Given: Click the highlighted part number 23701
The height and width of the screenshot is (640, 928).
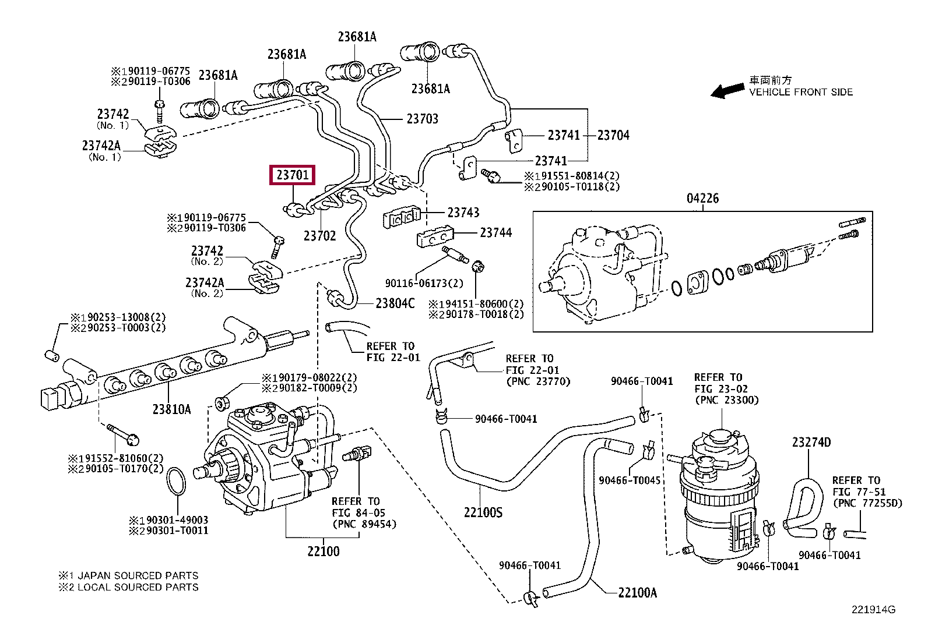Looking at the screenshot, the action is pyautogui.click(x=293, y=175).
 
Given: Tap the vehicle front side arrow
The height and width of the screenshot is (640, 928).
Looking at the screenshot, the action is pyautogui.click(x=727, y=91).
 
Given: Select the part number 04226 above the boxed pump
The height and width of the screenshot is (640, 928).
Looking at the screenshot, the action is pyautogui.click(x=702, y=199).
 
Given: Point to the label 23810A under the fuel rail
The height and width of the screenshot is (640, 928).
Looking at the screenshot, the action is pyautogui.click(x=171, y=409).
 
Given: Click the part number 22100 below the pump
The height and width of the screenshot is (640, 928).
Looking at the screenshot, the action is pyautogui.click(x=323, y=551).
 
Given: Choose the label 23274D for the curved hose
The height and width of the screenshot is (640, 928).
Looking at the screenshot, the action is pyautogui.click(x=811, y=443).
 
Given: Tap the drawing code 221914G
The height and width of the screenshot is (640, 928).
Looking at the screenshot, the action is pyautogui.click(x=873, y=610).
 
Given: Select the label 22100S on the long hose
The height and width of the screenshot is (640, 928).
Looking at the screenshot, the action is pyautogui.click(x=483, y=512).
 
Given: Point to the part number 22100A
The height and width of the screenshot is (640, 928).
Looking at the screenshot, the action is pyautogui.click(x=637, y=593).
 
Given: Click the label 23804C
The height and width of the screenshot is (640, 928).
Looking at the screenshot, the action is pyautogui.click(x=395, y=303).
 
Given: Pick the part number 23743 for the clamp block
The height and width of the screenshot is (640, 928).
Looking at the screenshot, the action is pyautogui.click(x=463, y=213).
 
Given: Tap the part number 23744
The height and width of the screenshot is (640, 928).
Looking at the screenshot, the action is pyautogui.click(x=496, y=233).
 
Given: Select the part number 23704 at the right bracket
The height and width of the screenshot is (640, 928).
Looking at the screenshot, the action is pyautogui.click(x=613, y=135).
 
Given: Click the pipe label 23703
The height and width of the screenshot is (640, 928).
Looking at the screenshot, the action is pyautogui.click(x=422, y=119).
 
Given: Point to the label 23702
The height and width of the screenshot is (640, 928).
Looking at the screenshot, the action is pyautogui.click(x=319, y=235).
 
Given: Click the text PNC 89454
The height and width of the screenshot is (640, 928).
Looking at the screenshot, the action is pyautogui.click(x=364, y=524).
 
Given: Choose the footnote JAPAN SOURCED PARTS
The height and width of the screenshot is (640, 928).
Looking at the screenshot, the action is pyautogui.click(x=138, y=575).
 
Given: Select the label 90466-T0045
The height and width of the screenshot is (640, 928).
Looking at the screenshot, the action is pyautogui.click(x=630, y=480).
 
